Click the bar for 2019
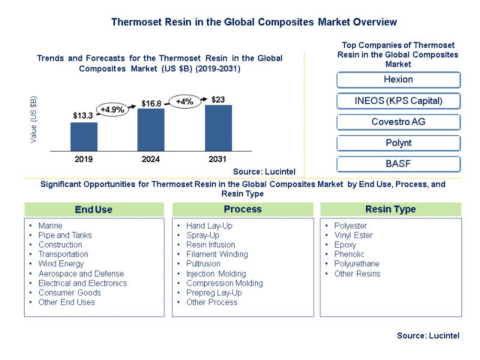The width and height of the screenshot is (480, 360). [84, 136]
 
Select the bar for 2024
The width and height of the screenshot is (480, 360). [151, 129]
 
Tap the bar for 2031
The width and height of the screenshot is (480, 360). [218, 127]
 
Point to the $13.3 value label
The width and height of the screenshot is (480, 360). [83, 115]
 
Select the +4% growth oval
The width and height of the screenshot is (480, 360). [184, 102]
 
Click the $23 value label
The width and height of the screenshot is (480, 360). [218, 99]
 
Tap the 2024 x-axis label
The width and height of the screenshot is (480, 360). [151, 160]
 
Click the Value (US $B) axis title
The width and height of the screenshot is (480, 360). [34, 119]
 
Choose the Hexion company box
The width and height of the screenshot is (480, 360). [398, 80]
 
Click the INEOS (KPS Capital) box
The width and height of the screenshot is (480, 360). [398, 101]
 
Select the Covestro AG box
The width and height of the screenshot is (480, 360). [398, 122]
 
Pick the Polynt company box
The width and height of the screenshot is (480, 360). [398, 143]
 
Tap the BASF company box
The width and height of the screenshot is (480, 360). [398, 164]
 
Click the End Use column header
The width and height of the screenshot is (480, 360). [94, 209]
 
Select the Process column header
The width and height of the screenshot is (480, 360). [242, 209]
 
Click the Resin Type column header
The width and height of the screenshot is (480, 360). [391, 209]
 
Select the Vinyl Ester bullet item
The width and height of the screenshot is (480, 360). [353, 235]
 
